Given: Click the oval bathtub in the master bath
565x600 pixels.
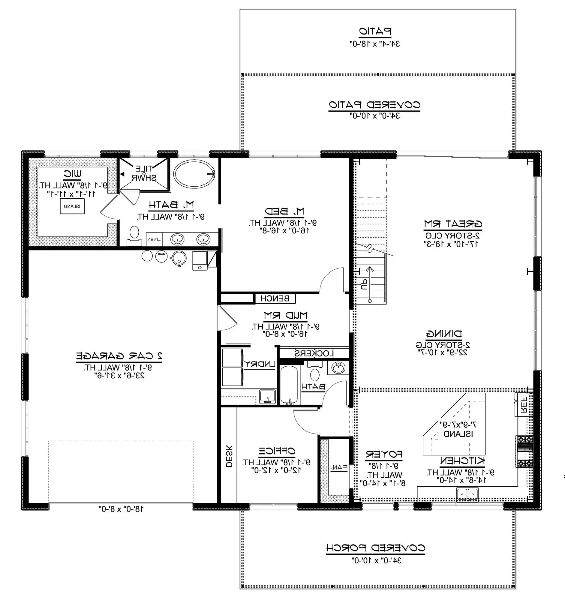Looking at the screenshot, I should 194,174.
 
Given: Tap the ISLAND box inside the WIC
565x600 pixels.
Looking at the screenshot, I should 72,206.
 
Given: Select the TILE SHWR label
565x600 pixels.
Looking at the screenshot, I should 144,173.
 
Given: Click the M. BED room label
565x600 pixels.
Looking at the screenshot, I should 284,211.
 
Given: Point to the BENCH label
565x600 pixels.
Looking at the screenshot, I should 275,298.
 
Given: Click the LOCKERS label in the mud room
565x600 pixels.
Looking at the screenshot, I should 314,353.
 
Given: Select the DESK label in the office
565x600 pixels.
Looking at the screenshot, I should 229,456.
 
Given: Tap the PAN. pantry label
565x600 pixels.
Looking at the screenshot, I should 339,467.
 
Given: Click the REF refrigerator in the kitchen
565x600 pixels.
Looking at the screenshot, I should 524,405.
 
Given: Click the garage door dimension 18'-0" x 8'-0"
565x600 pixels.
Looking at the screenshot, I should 121,509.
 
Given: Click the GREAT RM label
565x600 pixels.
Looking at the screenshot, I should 453,224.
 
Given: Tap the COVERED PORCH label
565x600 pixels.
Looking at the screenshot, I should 375,548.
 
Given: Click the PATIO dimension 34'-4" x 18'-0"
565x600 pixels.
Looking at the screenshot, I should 374,44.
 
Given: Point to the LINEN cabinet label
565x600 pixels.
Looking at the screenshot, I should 154,239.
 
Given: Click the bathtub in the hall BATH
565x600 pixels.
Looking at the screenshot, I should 289,385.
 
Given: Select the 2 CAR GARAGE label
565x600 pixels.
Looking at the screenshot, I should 119,356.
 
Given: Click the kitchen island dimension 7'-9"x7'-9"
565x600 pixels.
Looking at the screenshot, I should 458,424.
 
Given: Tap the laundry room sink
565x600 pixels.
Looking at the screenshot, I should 267,396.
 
